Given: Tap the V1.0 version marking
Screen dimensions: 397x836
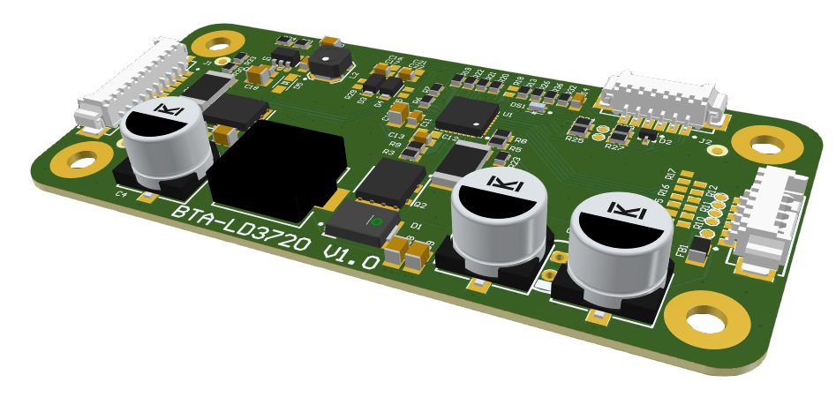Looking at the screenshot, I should [x=351, y=257].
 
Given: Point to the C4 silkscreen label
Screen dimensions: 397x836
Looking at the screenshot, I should [x=121, y=194].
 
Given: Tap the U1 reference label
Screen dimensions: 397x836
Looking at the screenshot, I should [x=508, y=115].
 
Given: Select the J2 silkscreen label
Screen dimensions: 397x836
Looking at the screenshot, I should [x=704, y=139].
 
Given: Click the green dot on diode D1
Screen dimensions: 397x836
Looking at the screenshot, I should [x=376, y=221].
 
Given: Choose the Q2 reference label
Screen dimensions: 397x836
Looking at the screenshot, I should [x=420, y=205].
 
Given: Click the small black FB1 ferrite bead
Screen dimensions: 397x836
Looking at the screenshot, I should [x=698, y=250].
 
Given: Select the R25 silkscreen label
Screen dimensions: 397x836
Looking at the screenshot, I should [x=575, y=139].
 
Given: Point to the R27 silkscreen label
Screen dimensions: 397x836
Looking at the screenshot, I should [x=614, y=147].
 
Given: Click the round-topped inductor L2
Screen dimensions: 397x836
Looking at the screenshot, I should [x=328, y=61].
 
